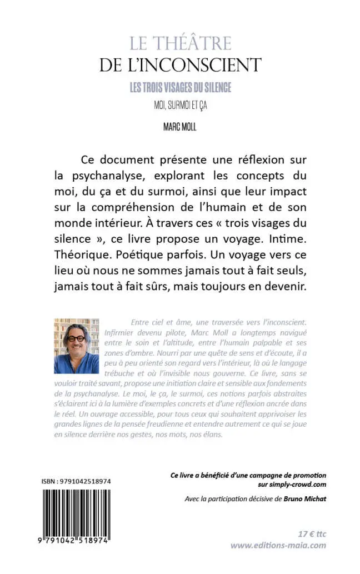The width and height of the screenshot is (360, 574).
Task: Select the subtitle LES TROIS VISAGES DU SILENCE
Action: click(x=180, y=87)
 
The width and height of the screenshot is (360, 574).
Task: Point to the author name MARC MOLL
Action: click(x=180, y=127)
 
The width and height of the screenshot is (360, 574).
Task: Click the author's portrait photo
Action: click(x=76, y=346)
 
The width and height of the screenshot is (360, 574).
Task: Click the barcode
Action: click(x=76, y=511)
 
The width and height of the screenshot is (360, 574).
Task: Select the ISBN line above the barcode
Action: click(x=76, y=481)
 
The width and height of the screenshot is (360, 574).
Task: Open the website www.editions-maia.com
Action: click(x=278, y=545)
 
